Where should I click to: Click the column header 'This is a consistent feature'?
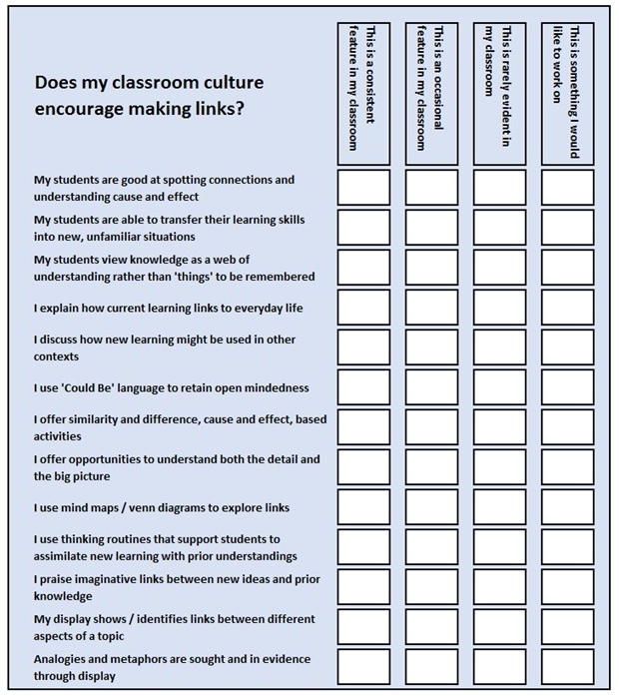point(363,89)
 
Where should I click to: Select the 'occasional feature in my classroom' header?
point(431,89)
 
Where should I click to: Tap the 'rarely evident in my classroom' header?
point(499,89)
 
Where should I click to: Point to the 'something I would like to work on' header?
point(567,89)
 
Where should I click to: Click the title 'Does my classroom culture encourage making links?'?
point(149,96)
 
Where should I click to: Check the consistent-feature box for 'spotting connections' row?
point(363,188)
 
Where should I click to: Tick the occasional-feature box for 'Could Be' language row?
point(431,387)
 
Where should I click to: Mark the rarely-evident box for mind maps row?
point(499,507)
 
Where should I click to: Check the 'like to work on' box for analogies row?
point(567,667)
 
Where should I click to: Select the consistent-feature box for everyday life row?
point(363,308)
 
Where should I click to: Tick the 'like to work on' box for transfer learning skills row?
point(567,228)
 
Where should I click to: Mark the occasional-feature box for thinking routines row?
point(431,547)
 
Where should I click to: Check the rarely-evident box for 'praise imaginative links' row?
point(499,587)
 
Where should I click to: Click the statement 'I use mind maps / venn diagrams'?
point(162,508)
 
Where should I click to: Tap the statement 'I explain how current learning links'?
point(168,309)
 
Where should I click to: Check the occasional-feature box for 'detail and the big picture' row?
point(431,467)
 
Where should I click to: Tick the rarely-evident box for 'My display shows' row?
point(499,627)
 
